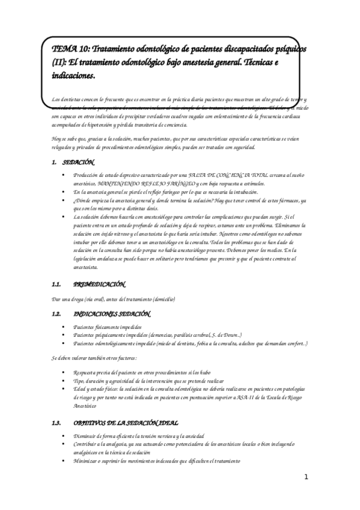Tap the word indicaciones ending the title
73,76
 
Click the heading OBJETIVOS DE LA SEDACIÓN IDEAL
130,423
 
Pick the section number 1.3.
57,423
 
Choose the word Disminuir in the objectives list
84,435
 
